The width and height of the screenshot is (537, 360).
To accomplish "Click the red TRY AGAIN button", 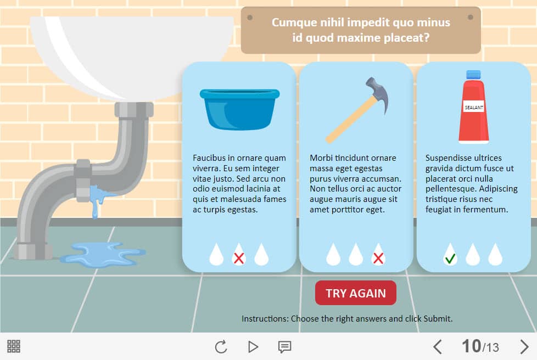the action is [x=355, y=293].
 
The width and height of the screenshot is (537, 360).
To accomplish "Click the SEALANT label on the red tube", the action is [x=474, y=108].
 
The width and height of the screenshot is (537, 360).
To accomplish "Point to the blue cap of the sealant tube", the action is [x=473, y=75].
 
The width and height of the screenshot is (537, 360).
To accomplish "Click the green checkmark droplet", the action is [x=450, y=255].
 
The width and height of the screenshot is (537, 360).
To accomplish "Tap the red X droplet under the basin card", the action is [x=239, y=255].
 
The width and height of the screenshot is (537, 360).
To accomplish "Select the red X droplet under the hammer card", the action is [x=378, y=255].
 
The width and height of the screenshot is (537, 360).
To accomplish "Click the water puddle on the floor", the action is [x=103, y=254].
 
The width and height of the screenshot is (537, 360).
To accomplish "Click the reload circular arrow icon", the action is [x=221, y=347].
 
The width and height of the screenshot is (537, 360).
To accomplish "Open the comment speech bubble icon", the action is [x=284, y=347].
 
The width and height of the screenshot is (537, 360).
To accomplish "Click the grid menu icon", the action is [x=14, y=346].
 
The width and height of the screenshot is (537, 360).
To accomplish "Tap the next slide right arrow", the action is [x=524, y=347].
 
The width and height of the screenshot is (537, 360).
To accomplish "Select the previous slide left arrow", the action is [x=438, y=347].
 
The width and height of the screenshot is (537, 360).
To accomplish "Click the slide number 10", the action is [x=472, y=346].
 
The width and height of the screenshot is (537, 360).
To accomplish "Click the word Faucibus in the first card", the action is [x=209, y=157].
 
